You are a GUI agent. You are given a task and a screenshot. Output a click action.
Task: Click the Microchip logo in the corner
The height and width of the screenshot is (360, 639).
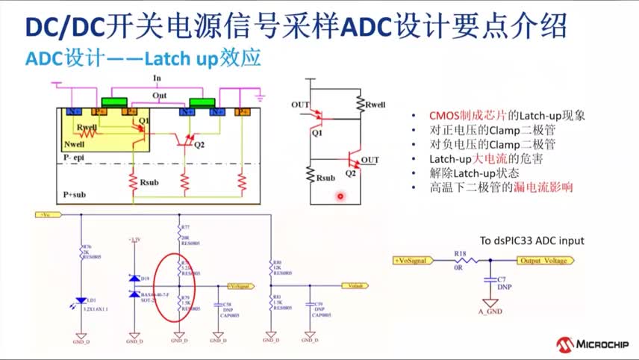point(593,344)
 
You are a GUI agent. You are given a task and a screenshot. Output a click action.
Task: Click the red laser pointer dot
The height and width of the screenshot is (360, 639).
point(340,196)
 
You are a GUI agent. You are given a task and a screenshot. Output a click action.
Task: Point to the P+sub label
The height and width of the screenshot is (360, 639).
point(75,193)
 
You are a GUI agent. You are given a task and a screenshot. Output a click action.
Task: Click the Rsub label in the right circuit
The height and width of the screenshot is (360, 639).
point(326,179)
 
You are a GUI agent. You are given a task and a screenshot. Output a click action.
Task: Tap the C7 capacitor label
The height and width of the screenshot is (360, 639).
point(501,278)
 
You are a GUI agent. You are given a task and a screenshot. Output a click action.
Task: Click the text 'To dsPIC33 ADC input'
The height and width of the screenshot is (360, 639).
point(532,240)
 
